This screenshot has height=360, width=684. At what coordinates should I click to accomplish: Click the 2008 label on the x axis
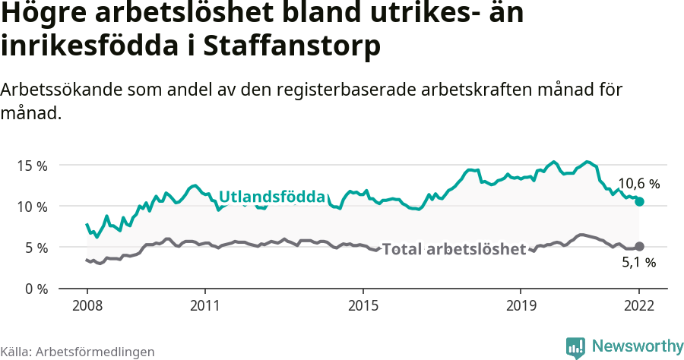pyautogui.click(x=87, y=306)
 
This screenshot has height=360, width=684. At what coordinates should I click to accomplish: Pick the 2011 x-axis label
pyautogui.click(x=205, y=306)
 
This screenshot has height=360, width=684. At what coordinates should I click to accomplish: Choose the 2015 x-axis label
pyautogui.click(x=363, y=306)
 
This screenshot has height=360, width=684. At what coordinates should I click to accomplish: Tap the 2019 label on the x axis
pyautogui.click(x=521, y=306)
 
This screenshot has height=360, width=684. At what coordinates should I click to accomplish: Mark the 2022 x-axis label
pyautogui.click(x=639, y=306)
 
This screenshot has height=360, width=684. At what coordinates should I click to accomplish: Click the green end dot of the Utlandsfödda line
pyautogui.click(x=639, y=201)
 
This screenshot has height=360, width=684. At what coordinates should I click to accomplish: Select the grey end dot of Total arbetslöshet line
pyautogui.click(x=639, y=246)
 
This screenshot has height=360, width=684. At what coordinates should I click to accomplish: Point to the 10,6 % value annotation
pyautogui.click(x=638, y=184)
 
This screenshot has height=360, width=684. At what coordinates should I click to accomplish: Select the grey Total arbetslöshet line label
pyautogui.click(x=454, y=249)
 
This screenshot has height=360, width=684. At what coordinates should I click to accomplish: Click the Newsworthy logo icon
pyautogui.click(x=575, y=347)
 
